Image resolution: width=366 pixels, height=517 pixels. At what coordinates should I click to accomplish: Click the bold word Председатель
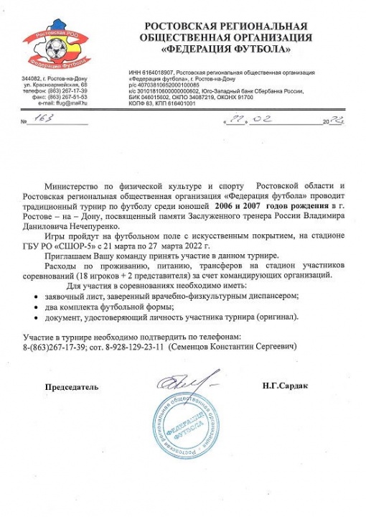click(70, 386)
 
